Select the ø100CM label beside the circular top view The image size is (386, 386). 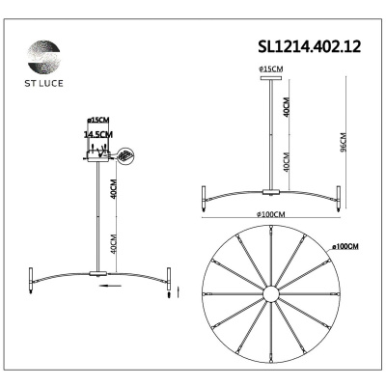[344, 247]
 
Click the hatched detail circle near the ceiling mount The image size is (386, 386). [125, 155]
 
